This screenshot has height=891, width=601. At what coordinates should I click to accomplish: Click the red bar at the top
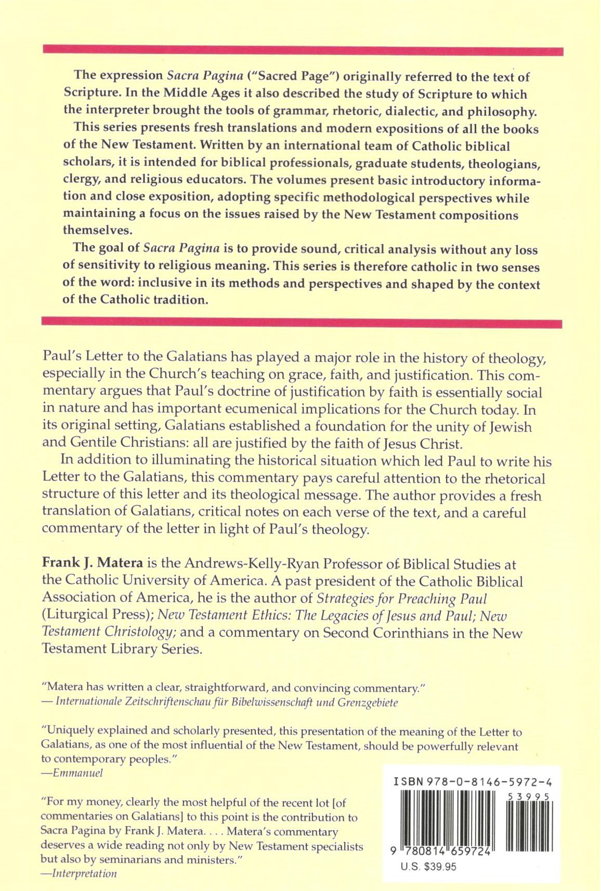(x=303, y=50)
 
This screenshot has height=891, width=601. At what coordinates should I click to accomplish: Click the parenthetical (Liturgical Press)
(x=97, y=615)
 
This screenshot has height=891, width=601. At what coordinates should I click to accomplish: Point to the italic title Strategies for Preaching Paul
(x=402, y=599)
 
